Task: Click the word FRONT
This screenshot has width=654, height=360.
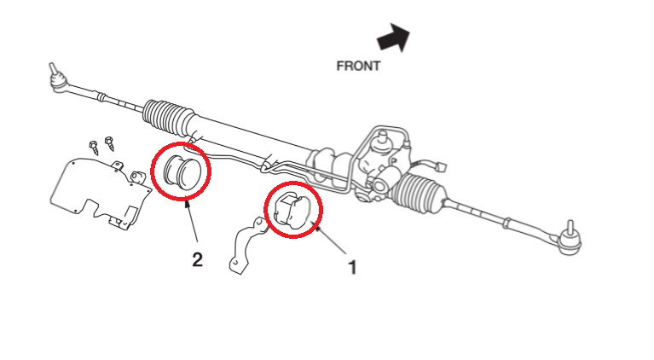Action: click(x=358, y=66)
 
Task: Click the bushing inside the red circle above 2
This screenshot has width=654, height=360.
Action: click(x=181, y=171)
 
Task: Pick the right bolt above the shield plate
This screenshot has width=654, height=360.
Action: click(x=110, y=142)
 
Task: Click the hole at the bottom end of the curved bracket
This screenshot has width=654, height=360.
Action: click(x=235, y=267)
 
